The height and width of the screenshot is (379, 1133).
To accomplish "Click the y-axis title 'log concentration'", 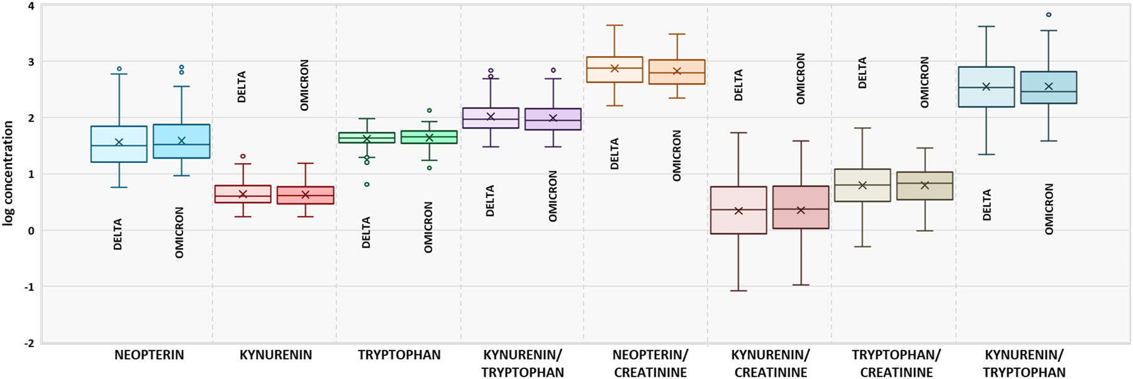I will pyautogui.click(x=8, y=173).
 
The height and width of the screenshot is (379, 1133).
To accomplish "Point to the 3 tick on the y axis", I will pyautogui.click(x=31, y=62).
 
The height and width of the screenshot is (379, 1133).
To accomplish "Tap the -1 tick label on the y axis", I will pyautogui.click(x=29, y=286).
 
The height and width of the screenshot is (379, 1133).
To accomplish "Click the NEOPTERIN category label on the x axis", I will pyautogui.click(x=149, y=355).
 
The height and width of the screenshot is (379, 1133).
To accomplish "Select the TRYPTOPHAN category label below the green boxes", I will pyautogui.click(x=399, y=355).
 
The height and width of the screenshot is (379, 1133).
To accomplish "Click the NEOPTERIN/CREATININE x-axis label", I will pyautogui.click(x=650, y=363).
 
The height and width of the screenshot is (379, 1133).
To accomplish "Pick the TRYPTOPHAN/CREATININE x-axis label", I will pyautogui.click(x=896, y=363).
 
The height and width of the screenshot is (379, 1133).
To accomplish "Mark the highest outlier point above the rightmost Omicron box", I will pyautogui.click(x=1049, y=14).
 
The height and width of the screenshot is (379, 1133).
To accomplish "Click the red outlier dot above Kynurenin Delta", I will pyautogui.click(x=243, y=156).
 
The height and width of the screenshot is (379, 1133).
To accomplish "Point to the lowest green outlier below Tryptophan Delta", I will pyautogui.click(x=367, y=184).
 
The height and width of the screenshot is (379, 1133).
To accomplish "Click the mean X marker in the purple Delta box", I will pyautogui.click(x=491, y=116).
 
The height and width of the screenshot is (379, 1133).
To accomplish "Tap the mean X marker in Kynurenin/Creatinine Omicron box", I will pyautogui.click(x=801, y=210).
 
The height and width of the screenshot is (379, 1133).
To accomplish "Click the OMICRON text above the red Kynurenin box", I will pyautogui.click(x=304, y=85).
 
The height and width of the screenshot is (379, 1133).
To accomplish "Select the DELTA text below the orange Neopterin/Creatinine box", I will pyautogui.click(x=615, y=154).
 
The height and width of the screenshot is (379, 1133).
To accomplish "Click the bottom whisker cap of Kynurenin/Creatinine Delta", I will pyautogui.click(x=739, y=291).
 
